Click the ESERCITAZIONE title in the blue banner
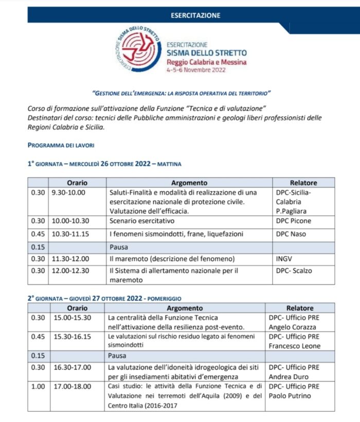[195, 15]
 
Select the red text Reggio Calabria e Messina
[206, 61]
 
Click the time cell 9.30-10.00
[69, 192]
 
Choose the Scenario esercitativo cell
[142, 220]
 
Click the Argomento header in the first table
[189, 183]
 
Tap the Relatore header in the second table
[299, 308]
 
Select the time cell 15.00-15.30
[73, 318]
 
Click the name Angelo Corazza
[293, 327]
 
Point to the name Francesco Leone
[294, 346]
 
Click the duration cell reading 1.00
[38, 386]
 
